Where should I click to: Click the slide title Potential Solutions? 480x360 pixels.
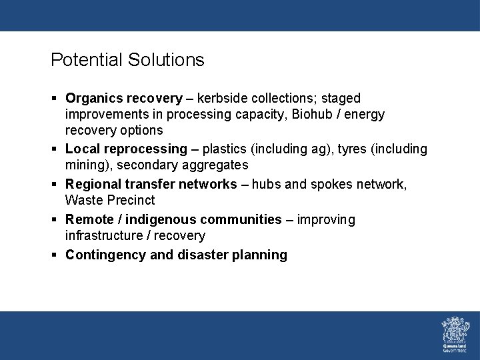(127, 60)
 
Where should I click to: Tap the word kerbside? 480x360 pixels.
(221, 99)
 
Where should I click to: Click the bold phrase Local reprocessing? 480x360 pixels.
(126, 149)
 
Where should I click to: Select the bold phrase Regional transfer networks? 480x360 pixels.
(151, 184)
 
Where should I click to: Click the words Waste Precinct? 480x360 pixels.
(109, 200)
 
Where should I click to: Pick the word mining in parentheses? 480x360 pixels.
(85, 165)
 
